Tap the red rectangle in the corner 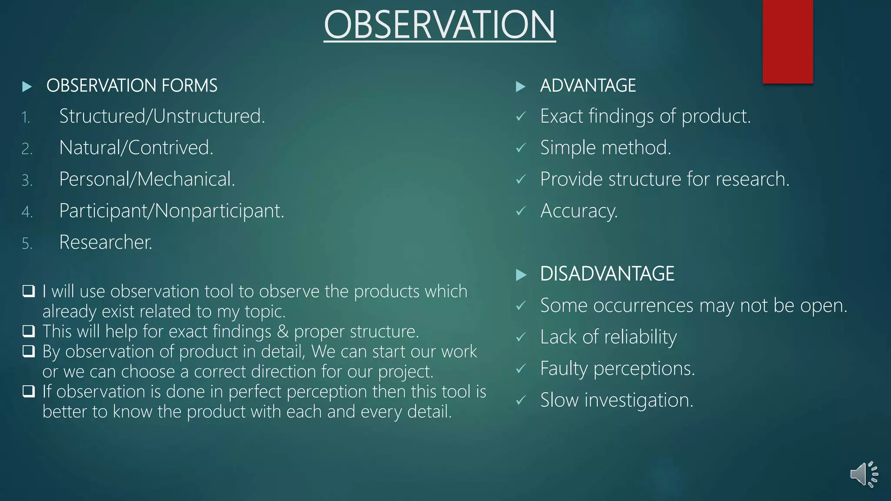point(787,41)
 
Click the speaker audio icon point(864,474)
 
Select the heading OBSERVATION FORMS point(132,86)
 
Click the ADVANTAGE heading point(588,86)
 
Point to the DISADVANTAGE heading point(607,274)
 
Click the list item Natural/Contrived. point(136,148)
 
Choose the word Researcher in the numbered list point(106,242)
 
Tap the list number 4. point(27,212)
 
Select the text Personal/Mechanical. point(147,179)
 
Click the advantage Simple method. point(606,148)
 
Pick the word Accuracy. point(579,211)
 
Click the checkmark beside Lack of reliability point(521,337)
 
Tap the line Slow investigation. point(616,400)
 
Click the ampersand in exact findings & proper point(282,332)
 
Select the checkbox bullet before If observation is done point(29,391)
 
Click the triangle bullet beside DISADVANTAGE point(521,275)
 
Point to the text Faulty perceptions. point(617,369)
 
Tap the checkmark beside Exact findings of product point(521,117)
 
